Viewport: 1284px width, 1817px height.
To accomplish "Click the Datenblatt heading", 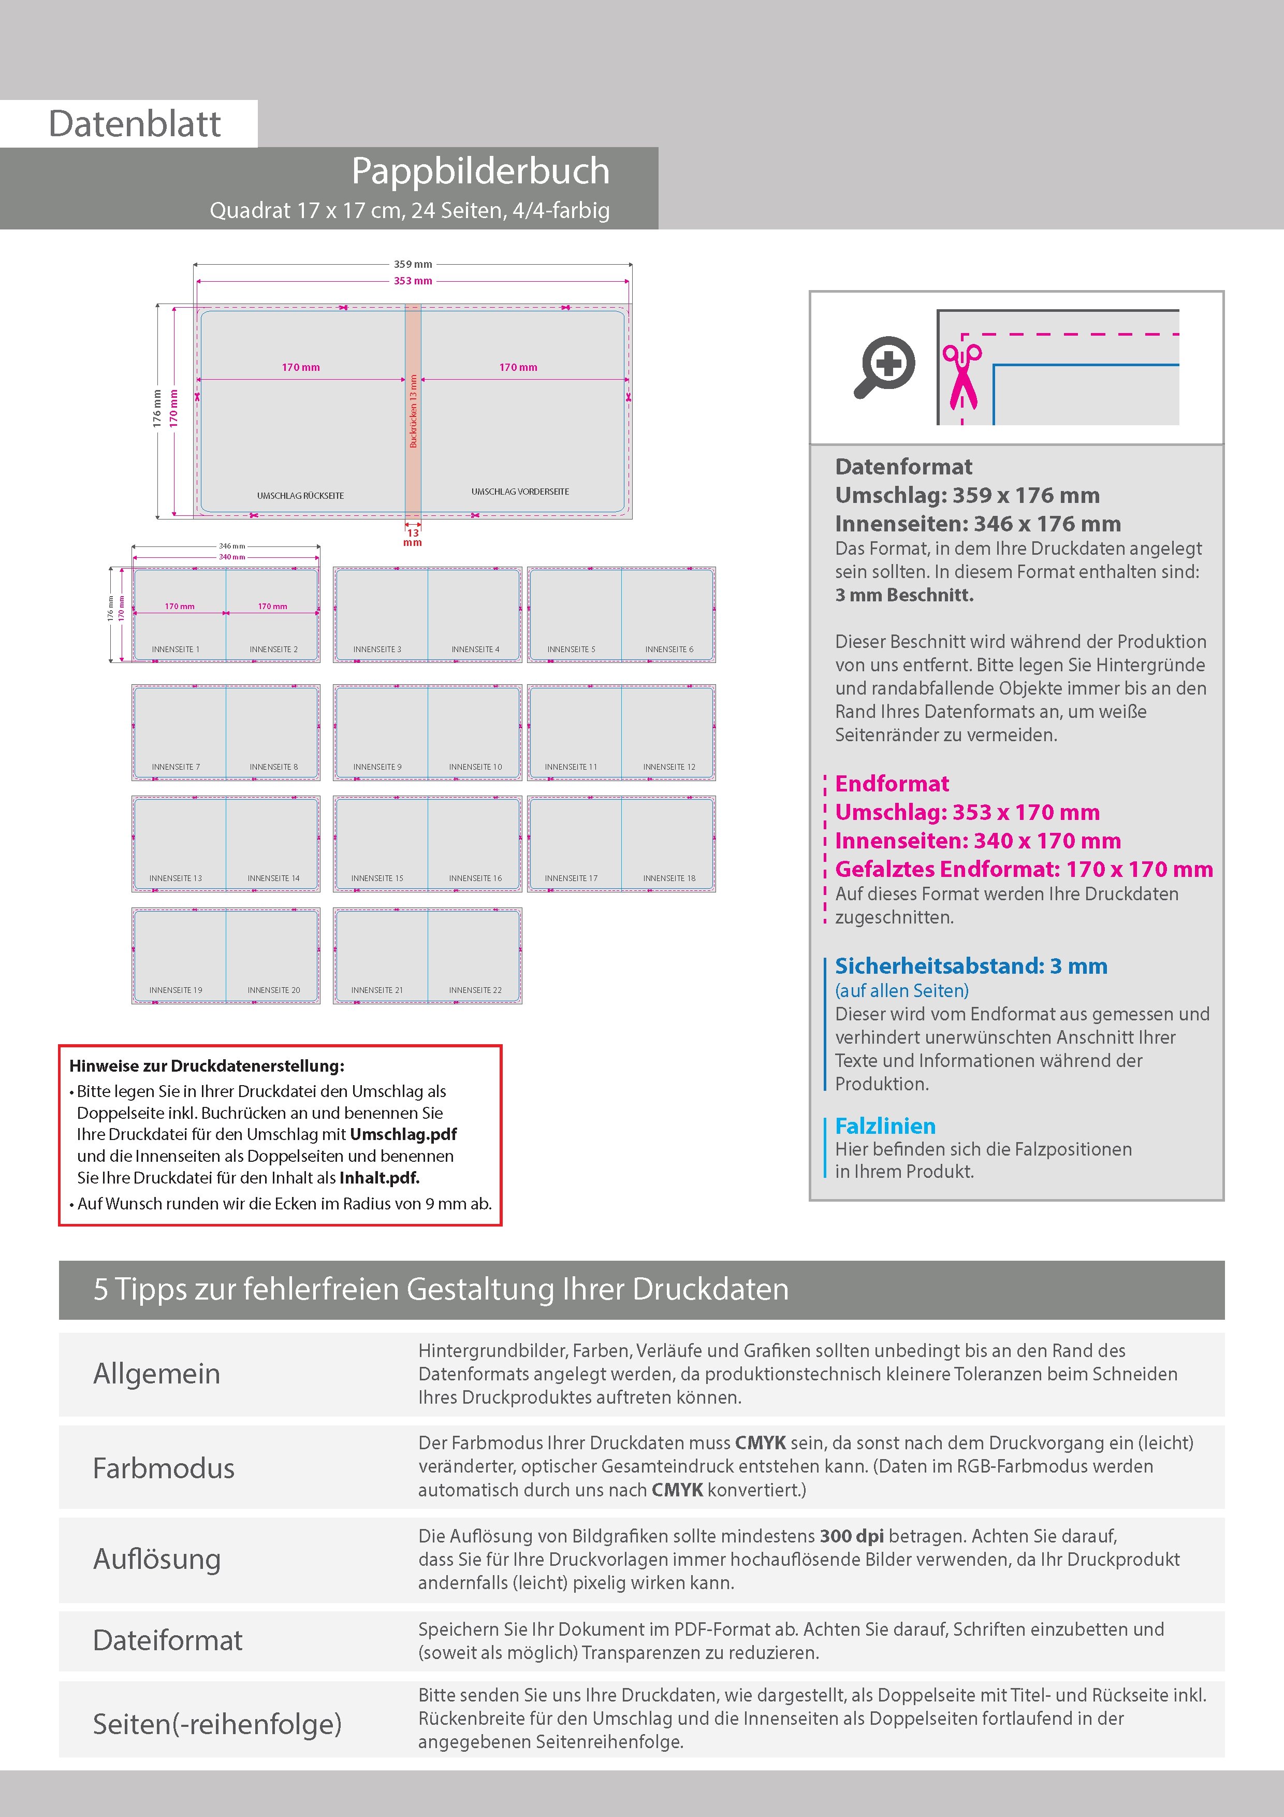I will coord(135,123).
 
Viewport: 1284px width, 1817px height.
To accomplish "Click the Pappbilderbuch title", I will coord(480,171).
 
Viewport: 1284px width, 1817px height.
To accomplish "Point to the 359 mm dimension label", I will coord(413,264).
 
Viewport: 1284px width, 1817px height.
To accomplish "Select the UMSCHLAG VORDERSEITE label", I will coord(520,492).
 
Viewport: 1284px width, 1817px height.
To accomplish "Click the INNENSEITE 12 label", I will coord(668,767).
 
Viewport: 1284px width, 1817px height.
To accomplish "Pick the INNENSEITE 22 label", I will coord(475,990).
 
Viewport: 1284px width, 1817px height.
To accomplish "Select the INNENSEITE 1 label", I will coord(176,649).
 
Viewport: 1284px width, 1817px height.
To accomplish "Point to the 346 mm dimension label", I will coord(232,546).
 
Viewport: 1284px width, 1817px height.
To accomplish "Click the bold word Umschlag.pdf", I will coord(403,1134).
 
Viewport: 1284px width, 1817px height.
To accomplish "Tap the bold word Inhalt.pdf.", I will coord(379,1177).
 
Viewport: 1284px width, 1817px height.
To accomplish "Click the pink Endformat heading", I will coord(892,784).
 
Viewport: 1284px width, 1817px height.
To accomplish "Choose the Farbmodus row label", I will coord(164,1468).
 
